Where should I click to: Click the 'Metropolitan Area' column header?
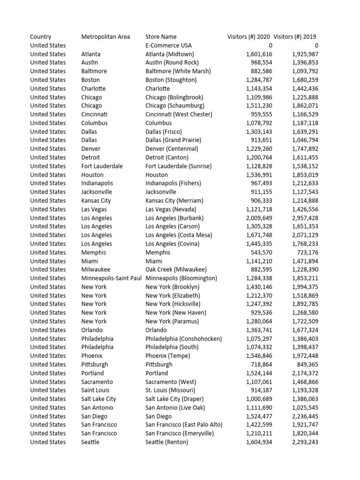click(105, 37)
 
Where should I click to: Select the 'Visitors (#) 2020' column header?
click(248, 37)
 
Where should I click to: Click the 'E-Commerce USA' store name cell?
click(168, 45)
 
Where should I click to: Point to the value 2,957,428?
click(305, 218)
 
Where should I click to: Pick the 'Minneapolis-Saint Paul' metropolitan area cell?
click(111, 278)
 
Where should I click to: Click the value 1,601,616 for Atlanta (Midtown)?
click(259, 54)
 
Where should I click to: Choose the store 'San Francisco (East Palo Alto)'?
click(184, 425)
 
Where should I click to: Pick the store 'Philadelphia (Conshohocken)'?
click(183, 338)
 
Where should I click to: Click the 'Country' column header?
click(41, 37)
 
